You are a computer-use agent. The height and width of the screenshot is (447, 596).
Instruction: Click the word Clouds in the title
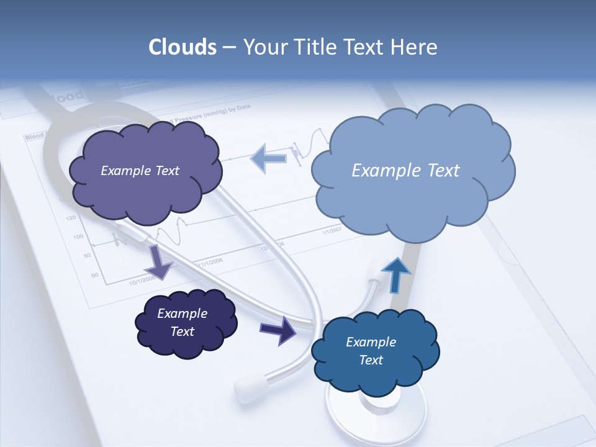(x=182, y=47)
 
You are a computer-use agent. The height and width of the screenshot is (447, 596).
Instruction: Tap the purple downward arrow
(x=159, y=261)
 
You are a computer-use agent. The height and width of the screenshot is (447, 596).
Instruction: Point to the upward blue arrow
(x=395, y=275)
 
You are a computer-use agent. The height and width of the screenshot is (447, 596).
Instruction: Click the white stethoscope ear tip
(x=248, y=386)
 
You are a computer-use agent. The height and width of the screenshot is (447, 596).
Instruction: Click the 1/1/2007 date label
(x=331, y=231)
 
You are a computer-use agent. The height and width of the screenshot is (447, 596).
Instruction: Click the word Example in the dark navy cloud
(x=182, y=314)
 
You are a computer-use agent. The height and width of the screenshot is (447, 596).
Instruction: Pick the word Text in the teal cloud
(x=371, y=360)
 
